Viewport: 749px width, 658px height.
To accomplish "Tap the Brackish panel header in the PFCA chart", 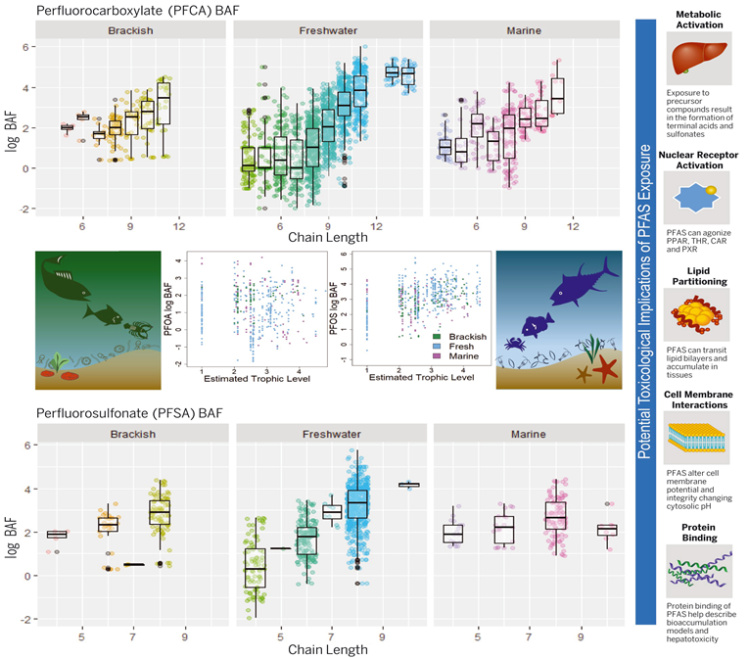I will (129, 30).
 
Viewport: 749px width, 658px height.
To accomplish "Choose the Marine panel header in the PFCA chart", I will (525, 30).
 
